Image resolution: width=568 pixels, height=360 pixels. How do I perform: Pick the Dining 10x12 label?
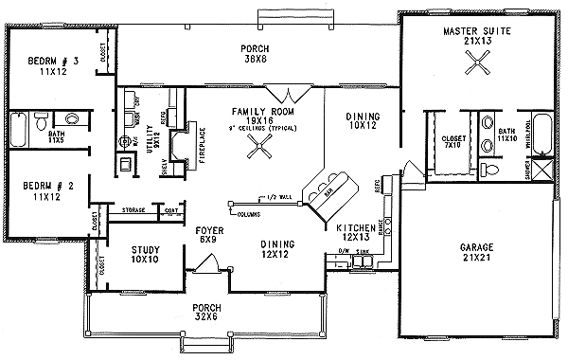(363, 120)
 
